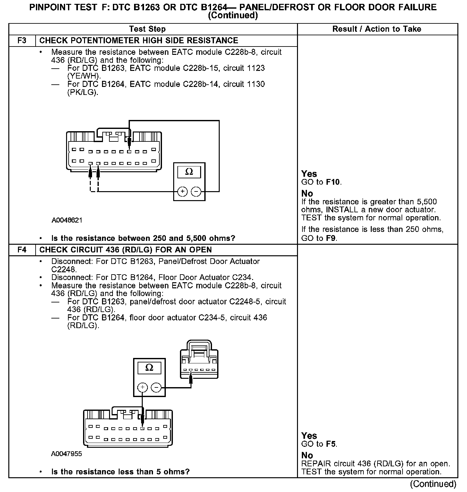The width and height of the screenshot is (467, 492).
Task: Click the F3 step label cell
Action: (x=22, y=41)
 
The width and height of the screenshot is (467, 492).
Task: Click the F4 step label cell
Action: (x=22, y=250)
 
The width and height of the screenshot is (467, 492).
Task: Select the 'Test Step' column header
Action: (x=147, y=29)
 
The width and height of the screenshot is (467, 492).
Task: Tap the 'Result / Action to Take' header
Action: (x=377, y=29)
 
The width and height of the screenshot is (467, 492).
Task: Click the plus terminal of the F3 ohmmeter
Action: (x=182, y=192)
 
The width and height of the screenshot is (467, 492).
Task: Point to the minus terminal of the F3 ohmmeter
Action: (x=196, y=192)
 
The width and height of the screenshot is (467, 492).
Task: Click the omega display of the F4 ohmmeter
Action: (x=149, y=368)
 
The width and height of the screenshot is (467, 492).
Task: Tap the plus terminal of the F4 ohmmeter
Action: (x=142, y=387)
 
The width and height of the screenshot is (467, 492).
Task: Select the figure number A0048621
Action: (x=67, y=220)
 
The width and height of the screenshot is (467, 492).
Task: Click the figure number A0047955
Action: (x=66, y=454)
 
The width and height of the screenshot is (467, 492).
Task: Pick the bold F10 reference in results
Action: (x=333, y=182)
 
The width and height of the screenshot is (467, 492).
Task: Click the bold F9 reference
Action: (x=331, y=238)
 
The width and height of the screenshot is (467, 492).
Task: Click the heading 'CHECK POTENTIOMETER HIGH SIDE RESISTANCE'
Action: (x=139, y=41)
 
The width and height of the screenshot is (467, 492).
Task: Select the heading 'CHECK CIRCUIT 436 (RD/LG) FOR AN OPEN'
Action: (x=125, y=250)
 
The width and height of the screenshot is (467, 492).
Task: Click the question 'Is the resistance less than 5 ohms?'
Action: (x=120, y=472)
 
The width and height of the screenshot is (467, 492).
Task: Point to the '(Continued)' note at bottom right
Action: (x=433, y=484)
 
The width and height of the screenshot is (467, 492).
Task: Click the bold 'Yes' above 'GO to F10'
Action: (x=309, y=174)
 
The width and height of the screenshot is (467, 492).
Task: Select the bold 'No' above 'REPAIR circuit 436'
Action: (x=307, y=455)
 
